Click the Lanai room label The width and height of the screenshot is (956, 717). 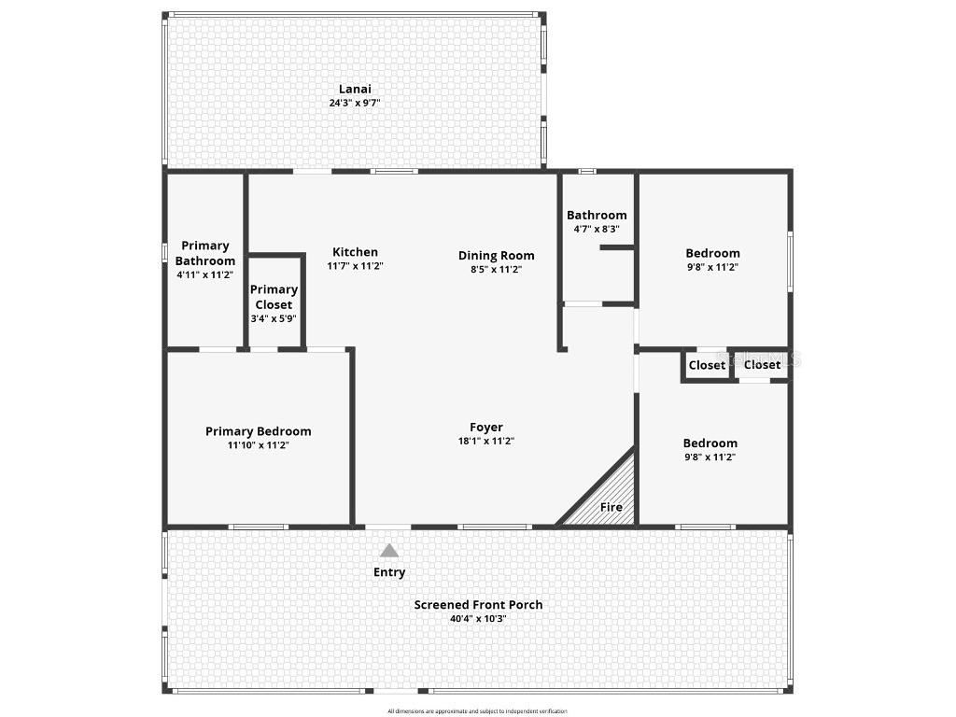[355, 90]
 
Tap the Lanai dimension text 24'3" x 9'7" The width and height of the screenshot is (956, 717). [355, 104]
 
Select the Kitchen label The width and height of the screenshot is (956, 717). [356, 252]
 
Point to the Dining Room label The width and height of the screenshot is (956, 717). [496, 256]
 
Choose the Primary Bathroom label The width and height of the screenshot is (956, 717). [205, 253]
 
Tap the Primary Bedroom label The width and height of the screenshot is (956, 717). [258, 431]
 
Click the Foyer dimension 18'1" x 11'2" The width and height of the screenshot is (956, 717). [486, 442]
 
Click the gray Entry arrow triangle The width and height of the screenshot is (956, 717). [389, 551]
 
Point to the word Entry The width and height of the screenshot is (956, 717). [389, 572]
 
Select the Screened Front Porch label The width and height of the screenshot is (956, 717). [478, 605]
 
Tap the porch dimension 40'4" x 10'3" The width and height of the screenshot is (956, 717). [478, 618]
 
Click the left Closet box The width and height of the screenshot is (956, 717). [706, 365]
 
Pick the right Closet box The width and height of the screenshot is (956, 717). [762, 365]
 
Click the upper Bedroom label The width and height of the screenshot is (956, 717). [712, 253]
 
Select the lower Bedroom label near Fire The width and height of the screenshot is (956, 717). [710, 443]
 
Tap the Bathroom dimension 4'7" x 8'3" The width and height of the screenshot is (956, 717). [597, 229]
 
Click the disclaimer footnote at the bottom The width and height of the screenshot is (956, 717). [477, 711]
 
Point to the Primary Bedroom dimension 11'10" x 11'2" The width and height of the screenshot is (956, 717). [258, 445]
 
